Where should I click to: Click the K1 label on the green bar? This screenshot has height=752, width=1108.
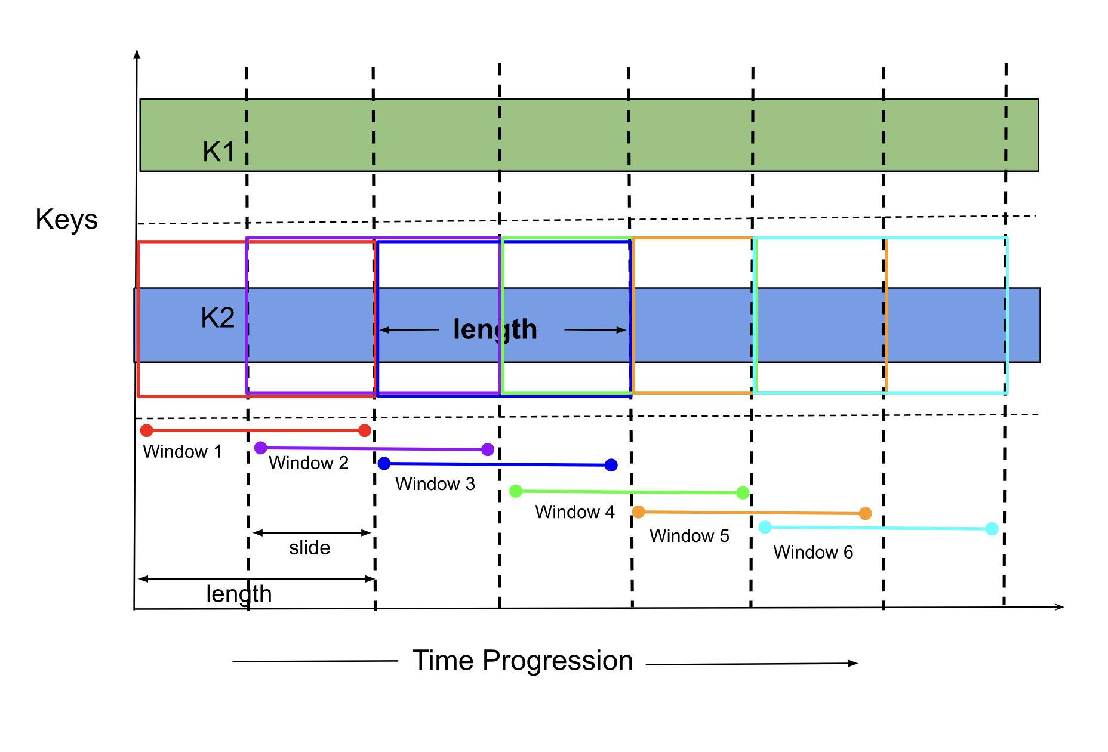(218, 152)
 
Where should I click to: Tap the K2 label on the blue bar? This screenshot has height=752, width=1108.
(217, 318)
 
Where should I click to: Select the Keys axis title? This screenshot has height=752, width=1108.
(66, 220)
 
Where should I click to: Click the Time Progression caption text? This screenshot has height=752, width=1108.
(522, 661)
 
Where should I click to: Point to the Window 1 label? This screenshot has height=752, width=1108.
(182, 452)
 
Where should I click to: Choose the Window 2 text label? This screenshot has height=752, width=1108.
(309, 463)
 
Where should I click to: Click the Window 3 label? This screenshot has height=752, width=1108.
(435, 484)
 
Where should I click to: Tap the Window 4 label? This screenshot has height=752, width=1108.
(575, 512)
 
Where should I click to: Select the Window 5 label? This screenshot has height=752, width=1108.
(690, 536)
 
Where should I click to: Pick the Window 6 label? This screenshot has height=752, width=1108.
(814, 553)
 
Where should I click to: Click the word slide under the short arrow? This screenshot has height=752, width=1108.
(309, 548)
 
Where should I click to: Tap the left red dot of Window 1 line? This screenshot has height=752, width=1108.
(147, 430)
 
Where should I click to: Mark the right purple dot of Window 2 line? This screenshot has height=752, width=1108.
(488, 449)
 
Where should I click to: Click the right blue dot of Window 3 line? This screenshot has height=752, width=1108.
(611, 465)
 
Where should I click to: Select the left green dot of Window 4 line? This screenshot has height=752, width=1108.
(516, 491)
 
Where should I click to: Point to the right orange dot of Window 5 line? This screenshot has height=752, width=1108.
(865, 513)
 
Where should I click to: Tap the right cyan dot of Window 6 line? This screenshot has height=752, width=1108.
(992, 529)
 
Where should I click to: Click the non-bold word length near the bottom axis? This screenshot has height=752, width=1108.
(239, 595)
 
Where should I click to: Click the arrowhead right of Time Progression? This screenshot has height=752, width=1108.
(853, 663)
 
